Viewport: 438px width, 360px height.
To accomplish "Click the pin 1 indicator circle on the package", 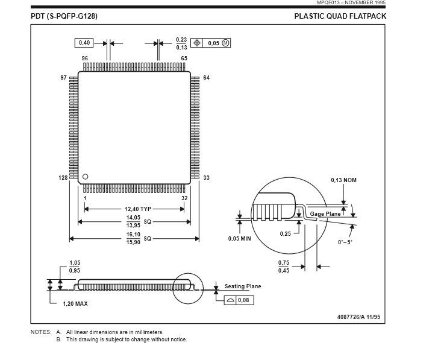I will tap(85, 177).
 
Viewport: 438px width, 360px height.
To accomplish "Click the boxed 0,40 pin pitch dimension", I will tap(84, 43).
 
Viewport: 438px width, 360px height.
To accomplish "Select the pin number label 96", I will tap(85, 58).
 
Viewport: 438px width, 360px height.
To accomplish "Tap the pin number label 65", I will tap(184, 58).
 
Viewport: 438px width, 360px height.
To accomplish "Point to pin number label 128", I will tap(63, 178).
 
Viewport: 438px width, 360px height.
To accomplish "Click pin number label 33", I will tap(206, 178).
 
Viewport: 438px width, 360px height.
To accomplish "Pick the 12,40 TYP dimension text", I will tap(138, 209).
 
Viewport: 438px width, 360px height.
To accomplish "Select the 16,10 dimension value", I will tap(133, 235).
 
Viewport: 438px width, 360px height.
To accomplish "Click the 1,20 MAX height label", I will tap(75, 303).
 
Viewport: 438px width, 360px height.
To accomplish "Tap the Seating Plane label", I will tap(243, 286).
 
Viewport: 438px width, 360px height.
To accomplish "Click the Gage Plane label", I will tap(325, 214).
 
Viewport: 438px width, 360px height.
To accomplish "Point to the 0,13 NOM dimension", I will tap(344, 180).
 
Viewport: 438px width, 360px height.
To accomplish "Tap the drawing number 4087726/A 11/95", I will tap(359, 317).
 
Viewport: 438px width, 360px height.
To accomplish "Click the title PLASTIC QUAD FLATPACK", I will tap(340, 16).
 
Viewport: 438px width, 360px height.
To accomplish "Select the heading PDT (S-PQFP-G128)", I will tap(64, 16).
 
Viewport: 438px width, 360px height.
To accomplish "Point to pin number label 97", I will tap(63, 78).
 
